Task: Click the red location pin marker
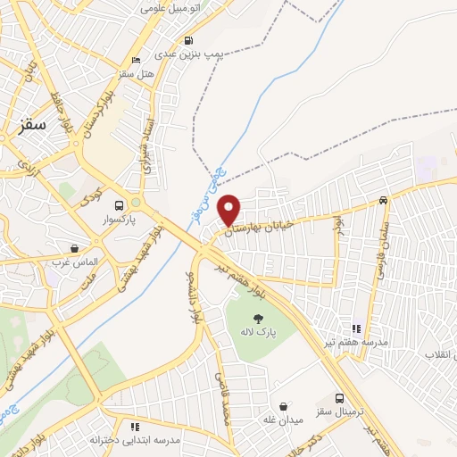click(x=229, y=210)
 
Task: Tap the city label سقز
click(x=32, y=125)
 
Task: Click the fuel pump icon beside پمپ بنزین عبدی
click(x=188, y=40)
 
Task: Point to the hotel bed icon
click(x=136, y=60)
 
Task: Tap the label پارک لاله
click(x=258, y=334)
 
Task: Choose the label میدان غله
click(x=284, y=420)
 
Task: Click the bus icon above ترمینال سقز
click(x=340, y=399)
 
